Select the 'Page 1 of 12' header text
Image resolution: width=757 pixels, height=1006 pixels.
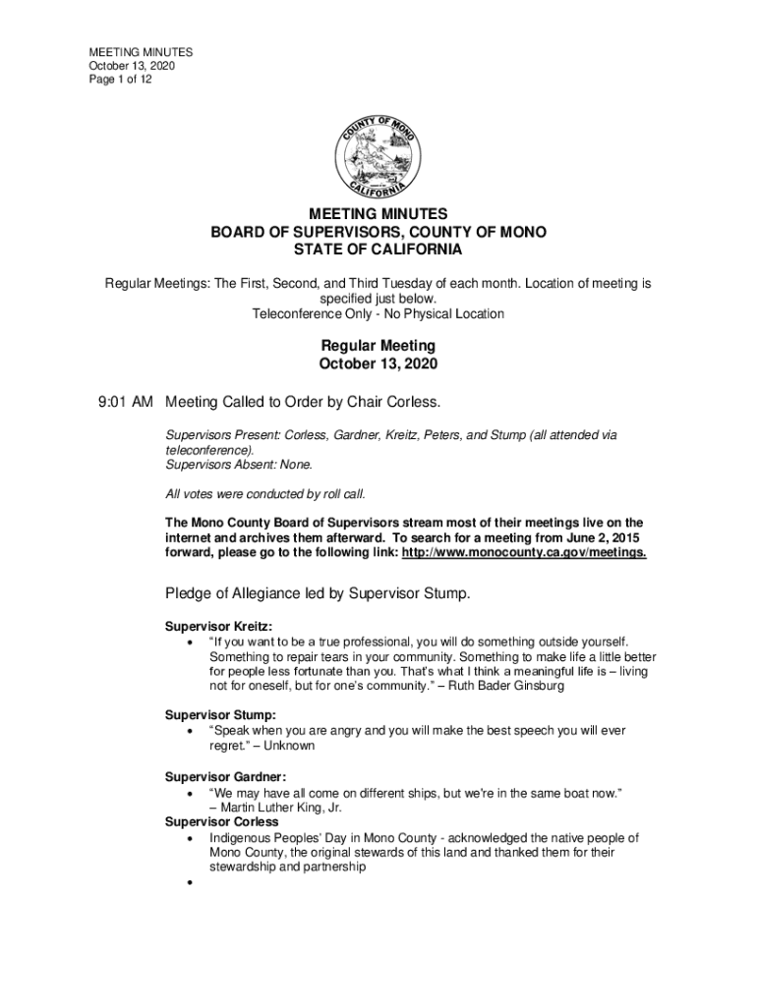coord(121,80)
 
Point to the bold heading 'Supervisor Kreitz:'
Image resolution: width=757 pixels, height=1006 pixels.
coord(218,626)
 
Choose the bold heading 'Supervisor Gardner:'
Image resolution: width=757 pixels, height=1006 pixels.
coord(225,777)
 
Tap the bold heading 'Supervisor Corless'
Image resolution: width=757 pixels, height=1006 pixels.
coord(221,821)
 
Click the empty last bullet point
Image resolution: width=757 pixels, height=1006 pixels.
coord(187,884)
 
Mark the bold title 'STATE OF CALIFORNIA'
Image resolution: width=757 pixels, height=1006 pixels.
coord(378,250)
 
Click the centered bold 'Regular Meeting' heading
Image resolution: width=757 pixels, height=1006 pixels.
coord(378,346)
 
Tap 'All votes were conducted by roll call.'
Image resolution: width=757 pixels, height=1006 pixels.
coord(271,493)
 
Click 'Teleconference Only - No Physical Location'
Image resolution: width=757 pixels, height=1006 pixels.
coord(378,314)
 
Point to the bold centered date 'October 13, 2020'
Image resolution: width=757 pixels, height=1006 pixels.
coord(378,363)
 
